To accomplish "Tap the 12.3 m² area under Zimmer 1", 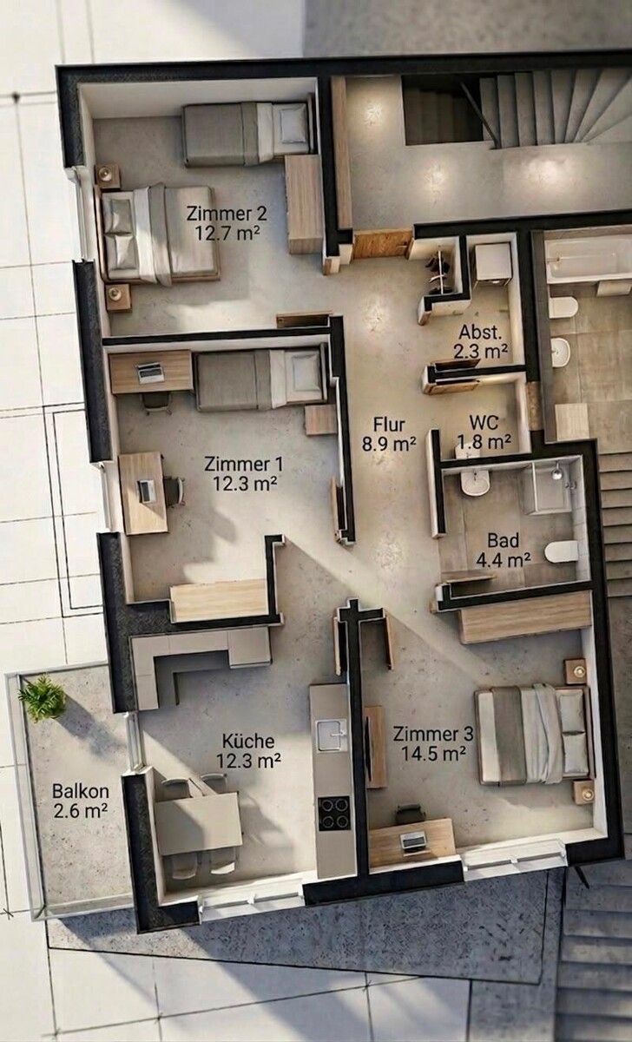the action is [x=245, y=484].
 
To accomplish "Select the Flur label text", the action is [x=389, y=425].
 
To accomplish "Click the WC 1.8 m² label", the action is [x=484, y=432].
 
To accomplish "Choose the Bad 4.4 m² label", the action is [x=504, y=550].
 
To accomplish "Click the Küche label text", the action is [x=248, y=741].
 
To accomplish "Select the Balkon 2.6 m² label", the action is [x=81, y=800].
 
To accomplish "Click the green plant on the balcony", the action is [x=42, y=698].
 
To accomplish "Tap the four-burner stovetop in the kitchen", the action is [x=334, y=813].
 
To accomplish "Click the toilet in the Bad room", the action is [x=562, y=551].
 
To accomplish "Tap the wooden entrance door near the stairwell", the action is [x=383, y=244].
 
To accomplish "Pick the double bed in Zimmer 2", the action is [x=159, y=234].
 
